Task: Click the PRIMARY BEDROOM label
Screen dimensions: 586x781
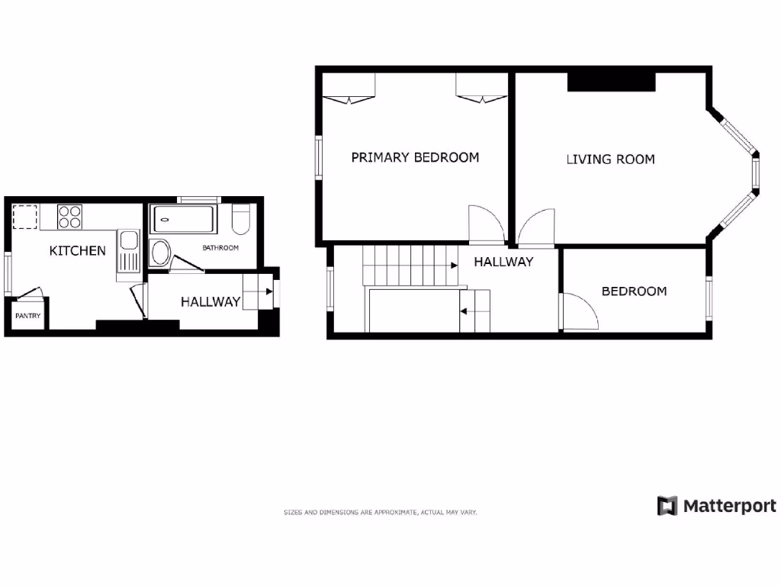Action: [415, 157]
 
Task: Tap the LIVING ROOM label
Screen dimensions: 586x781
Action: [610, 159]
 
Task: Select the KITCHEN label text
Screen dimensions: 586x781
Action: [77, 250]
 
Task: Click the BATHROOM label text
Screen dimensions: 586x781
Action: [220, 248]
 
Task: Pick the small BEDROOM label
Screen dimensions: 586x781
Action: [634, 291]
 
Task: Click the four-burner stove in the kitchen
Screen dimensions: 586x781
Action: [69, 217]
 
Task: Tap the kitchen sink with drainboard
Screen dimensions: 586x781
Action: [128, 253]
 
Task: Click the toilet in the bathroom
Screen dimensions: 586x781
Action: [240, 219]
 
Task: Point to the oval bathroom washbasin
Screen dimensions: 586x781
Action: [160, 252]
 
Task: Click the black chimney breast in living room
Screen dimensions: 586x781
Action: [611, 81]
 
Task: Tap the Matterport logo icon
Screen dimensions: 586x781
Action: [667, 506]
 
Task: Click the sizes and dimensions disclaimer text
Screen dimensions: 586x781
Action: [380, 513]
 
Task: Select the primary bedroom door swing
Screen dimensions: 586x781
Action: [485, 224]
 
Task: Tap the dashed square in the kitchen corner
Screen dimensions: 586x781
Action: [25, 217]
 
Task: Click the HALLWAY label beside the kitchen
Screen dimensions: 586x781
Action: [211, 301]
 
